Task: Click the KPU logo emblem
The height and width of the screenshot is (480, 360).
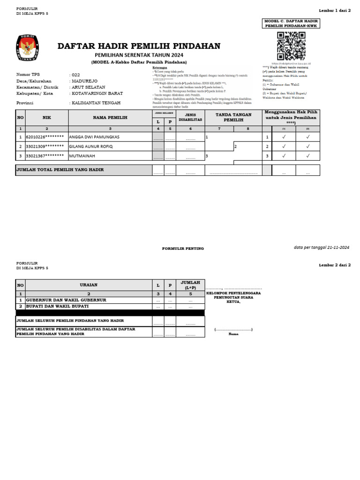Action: (28, 48)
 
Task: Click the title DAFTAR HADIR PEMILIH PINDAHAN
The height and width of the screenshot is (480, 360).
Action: (139, 46)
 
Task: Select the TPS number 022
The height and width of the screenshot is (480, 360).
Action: (76, 75)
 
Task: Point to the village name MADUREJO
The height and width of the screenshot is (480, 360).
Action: (85, 81)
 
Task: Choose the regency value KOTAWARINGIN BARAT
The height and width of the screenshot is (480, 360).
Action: (99, 93)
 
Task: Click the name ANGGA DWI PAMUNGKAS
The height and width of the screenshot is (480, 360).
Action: (94, 137)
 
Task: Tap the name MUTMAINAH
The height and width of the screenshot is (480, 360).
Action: (82, 156)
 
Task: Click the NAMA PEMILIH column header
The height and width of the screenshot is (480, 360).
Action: (110, 118)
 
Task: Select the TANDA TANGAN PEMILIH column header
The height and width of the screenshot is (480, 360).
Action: (233, 117)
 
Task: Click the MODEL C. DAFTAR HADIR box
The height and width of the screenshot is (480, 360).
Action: (291, 24)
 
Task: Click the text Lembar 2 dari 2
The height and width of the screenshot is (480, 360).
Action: (335, 265)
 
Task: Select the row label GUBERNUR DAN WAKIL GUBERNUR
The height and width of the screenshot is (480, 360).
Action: (66, 300)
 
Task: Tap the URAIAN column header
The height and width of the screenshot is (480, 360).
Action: (88, 285)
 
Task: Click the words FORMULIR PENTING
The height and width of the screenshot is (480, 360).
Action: (183, 248)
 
